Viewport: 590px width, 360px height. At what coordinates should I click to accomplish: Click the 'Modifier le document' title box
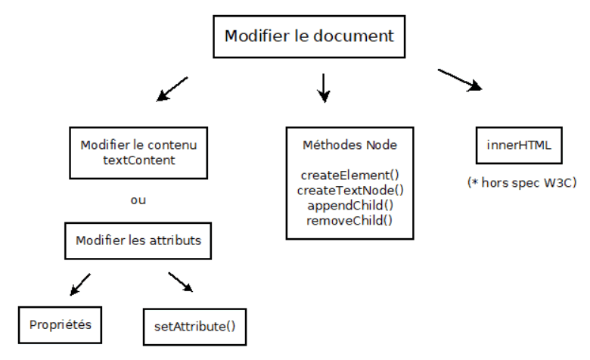pyautogui.click(x=309, y=36)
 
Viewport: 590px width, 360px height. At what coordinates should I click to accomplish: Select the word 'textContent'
pyautogui.click(x=139, y=160)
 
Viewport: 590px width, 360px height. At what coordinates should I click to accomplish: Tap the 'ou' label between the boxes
pyautogui.click(x=138, y=200)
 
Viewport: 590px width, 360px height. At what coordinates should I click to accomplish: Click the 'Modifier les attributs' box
pyautogui.click(x=138, y=241)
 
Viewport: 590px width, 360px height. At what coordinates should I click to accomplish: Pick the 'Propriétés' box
pyautogui.click(x=60, y=325)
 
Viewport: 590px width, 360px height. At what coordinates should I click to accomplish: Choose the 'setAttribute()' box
pyautogui.click(x=195, y=327)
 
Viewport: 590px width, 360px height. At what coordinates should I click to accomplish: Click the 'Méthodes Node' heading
pyautogui.click(x=350, y=144)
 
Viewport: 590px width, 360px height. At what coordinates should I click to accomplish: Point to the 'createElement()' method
pyautogui.click(x=350, y=175)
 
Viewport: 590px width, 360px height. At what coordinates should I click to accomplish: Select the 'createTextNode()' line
pyautogui.click(x=350, y=191)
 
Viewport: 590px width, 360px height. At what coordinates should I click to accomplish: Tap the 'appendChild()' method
pyautogui.click(x=350, y=206)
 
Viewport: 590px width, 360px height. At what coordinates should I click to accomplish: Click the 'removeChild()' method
pyautogui.click(x=349, y=220)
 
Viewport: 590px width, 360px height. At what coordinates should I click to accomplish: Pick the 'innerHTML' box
pyautogui.click(x=519, y=145)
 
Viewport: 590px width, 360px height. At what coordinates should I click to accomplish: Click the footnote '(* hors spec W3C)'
pyautogui.click(x=522, y=183)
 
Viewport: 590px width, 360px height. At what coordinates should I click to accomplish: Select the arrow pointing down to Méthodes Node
pyautogui.click(x=324, y=88)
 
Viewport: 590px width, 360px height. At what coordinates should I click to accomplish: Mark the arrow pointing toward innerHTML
pyautogui.click(x=460, y=79)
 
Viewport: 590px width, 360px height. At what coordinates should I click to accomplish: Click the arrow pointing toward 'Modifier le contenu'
pyautogui.click(x=172, y=89)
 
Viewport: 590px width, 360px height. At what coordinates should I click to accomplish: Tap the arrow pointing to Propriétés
pyautogui.click(x=80, y=285)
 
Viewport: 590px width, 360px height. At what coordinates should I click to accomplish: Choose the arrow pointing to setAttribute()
pyautogui.click(x=181, y=282)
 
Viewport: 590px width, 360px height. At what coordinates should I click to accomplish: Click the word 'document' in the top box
pyautogui.click(x=353, y=36)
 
